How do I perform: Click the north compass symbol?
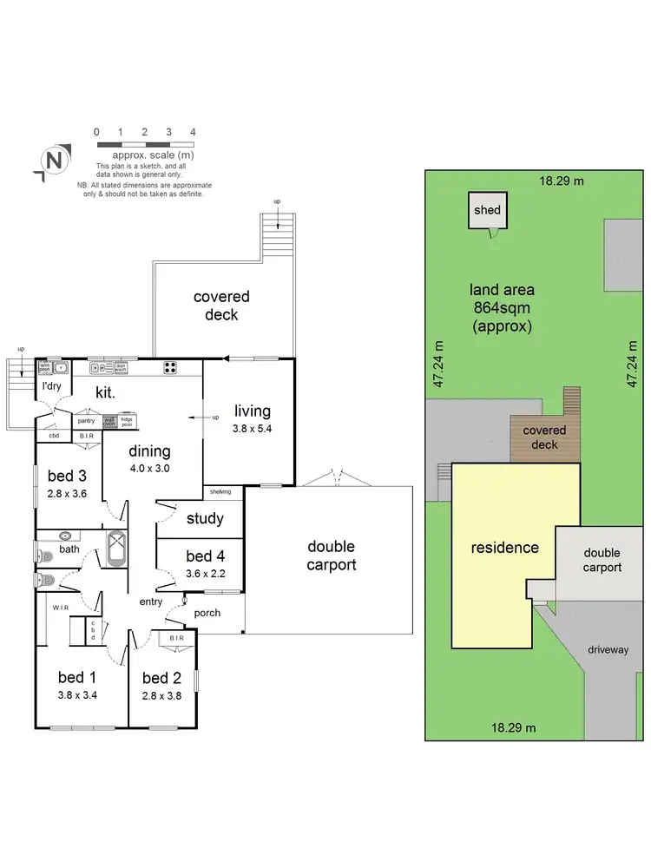pyautogui.click(x=54, y=161)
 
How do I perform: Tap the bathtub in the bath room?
pyautogui.click(x=115, y=549)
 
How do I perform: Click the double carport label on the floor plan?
pyautogui.click(x=332, y=556)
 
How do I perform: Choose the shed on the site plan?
pyautogui.click(x=487, y=210)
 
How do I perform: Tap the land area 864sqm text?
pyautogui.click(x=502, y=308)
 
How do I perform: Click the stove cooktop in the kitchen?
pyautogui.click(x=171, y=367)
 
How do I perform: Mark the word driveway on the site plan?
pyautogui.click(x=608, y=649)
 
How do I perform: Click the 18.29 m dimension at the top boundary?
pyautogui.click(x=562, y=181)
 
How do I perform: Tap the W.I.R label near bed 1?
pyautogui.click(x=60, y=608)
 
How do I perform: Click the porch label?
pyautogui.click(x=207, y=613)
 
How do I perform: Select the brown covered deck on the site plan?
pyautogui.click(x=545, y=437)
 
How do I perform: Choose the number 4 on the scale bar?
pyautogui.click(x=193, y=132)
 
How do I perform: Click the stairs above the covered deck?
pyautogui.click(x=277, y=234)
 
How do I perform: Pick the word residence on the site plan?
pyautogui.click(x=504, y=548)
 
